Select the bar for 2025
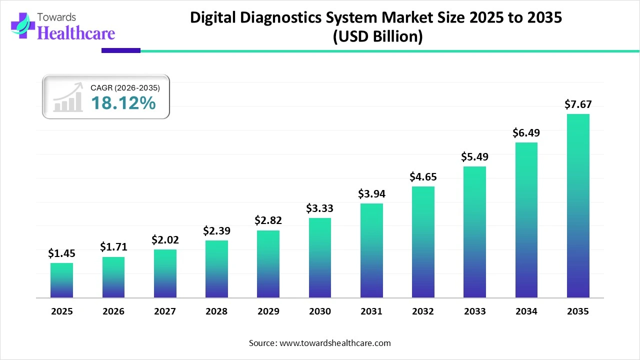61,280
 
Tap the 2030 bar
319,258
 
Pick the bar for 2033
474,232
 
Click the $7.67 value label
578,104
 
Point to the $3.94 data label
371,193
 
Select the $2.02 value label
165,240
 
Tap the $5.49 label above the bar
474,156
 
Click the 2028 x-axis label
216,311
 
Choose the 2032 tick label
423,311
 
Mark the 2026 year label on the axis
113,311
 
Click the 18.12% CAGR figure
123,103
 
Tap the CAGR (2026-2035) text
125,88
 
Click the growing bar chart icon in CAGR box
68,98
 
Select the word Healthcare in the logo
76,33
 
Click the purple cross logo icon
22,25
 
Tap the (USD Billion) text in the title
377,37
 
